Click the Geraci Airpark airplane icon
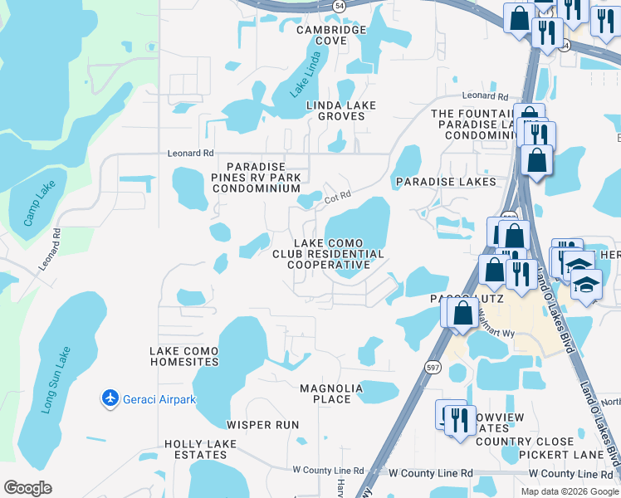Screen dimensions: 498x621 pos(110,398)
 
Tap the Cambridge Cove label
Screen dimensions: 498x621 pos(330,35)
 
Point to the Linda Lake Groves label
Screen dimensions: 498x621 pos(340,110)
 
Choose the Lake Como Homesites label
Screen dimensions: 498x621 pos(184,356)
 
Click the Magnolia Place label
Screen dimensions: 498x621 pos(331,393)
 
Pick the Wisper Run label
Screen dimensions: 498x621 pos(262,425)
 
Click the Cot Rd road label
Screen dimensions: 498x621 pos(338,197)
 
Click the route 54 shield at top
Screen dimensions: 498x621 pos(339,6)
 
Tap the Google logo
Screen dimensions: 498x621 pos(27,488)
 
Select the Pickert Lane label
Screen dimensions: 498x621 pos(562,455)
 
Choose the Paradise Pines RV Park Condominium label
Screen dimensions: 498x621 pos(256,177)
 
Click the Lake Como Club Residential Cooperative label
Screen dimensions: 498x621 pos(328,253)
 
